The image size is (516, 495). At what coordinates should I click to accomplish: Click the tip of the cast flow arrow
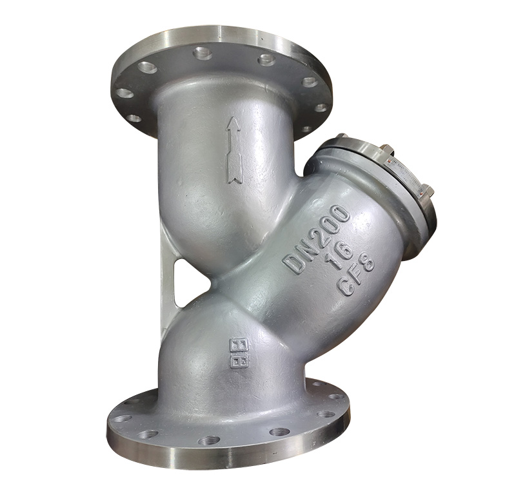[233, 121]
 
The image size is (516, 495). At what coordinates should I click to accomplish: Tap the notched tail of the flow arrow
[235, 177]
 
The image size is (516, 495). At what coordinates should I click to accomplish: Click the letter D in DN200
[293, 264]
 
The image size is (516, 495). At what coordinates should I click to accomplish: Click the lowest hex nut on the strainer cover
[425, 191]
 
